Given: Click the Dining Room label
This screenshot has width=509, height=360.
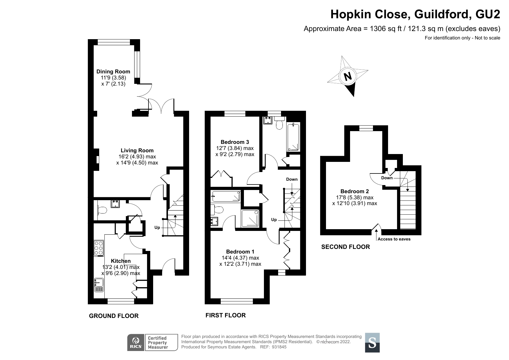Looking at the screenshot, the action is pos(113,71).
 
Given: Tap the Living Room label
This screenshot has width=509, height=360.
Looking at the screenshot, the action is pos(137,150).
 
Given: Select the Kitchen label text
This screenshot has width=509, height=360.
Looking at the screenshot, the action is pos(121,261).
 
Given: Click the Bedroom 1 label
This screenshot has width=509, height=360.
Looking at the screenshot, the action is pos(240,252).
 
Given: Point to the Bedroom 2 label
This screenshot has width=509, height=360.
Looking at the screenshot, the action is pos(355,191).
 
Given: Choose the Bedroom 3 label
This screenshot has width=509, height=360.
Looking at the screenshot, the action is pos(235,142).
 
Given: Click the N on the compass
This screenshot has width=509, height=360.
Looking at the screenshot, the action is pos(347,76).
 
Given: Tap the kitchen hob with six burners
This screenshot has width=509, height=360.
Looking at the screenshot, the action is pos(99,249).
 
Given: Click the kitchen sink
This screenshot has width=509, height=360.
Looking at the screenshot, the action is pos(99,285).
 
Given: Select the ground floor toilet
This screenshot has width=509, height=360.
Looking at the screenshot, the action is pos(102,209).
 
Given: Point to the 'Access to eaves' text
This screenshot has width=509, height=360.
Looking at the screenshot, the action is pos(394,239).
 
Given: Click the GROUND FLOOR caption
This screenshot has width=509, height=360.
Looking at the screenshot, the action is pos(114,316).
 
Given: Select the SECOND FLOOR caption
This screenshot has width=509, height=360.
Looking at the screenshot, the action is pos(345,247).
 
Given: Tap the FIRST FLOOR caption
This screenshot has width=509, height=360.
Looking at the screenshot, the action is pos(226,315).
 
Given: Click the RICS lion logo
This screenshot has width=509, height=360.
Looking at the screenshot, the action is pos(136,343).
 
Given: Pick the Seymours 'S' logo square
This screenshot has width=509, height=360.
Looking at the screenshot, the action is pos(372,343).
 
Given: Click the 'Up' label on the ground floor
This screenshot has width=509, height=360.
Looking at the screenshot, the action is pos(157,228).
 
